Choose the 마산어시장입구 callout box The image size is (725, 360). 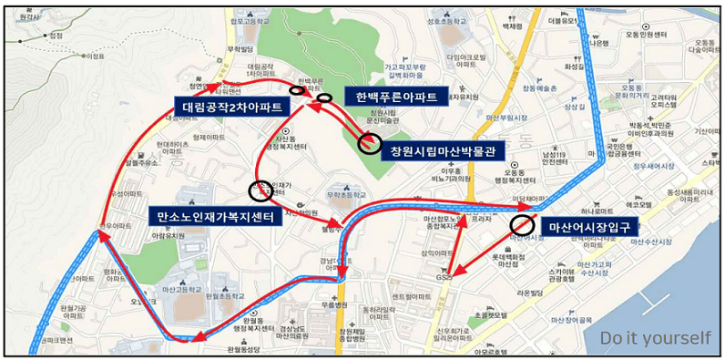587,227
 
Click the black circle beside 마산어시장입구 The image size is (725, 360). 523,224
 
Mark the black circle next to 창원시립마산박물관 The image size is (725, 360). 370,142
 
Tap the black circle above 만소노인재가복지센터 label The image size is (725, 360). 260,191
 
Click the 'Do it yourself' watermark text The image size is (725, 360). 655,338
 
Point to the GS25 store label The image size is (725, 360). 445,273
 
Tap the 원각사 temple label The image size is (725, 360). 26,15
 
